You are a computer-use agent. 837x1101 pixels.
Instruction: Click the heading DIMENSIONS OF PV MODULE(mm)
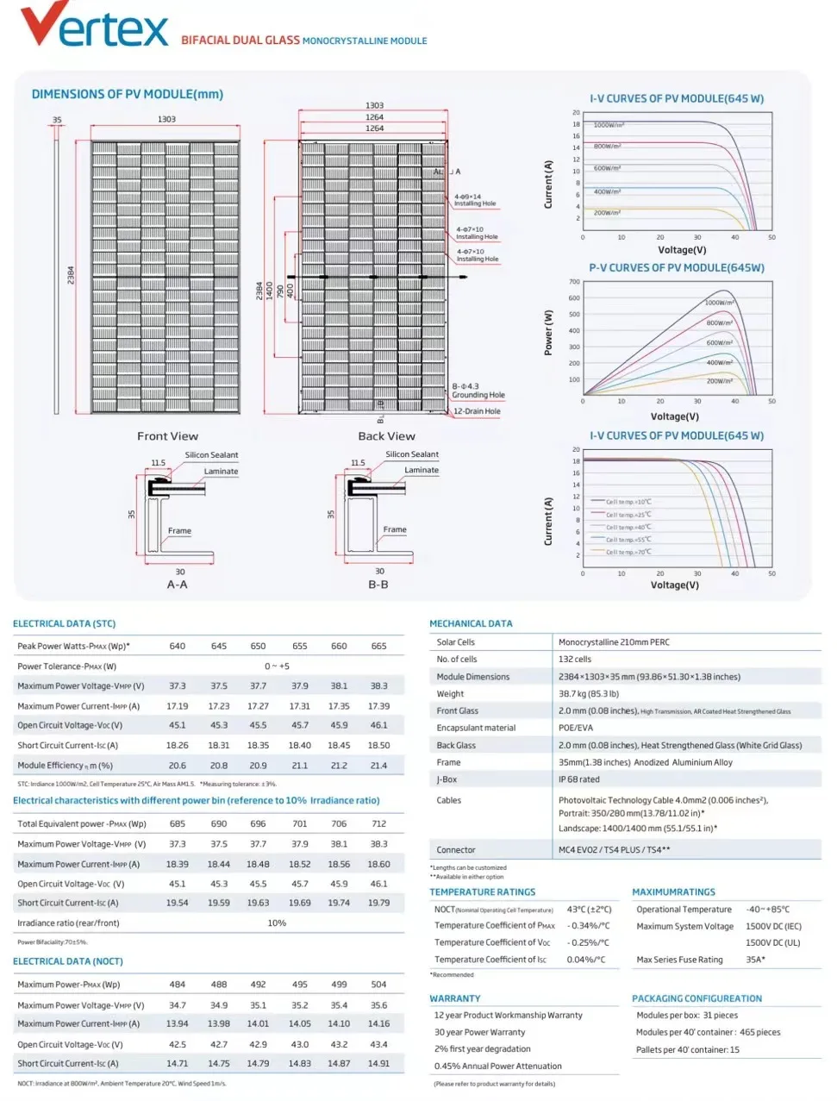[x=128, y=94]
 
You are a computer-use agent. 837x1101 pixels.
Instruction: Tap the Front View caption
[x=167, y=436]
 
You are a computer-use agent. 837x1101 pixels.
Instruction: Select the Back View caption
[x=386, y=436]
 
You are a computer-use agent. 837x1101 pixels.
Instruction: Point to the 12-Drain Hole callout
[x=477, y=411]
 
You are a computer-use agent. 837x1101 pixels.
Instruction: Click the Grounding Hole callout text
[x=478, y=395]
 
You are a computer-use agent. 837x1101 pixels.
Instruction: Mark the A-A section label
[x=177, y=585]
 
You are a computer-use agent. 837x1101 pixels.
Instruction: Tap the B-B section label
[x=378, y=585]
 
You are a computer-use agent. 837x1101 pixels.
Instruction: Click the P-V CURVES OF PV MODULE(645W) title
[x=677, y=268]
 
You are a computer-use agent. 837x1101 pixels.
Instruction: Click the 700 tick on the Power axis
[x=574, y=282]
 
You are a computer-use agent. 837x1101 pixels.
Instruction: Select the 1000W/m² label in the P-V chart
[x=719, y=303]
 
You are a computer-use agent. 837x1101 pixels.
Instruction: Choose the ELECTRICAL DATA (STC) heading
[x=64, y=623]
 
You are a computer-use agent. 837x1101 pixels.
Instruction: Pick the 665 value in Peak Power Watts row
[x=378, y=646]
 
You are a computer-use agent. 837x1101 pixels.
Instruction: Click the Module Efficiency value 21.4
[x=378, y=766]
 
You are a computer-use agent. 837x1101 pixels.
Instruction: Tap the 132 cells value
[x=575, y=660]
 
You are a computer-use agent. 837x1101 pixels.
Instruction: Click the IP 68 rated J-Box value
[x=578, y=779]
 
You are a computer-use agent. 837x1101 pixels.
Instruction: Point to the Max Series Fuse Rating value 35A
[x=755, y=960]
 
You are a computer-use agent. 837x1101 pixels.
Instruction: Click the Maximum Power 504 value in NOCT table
[x=378, y=985]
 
